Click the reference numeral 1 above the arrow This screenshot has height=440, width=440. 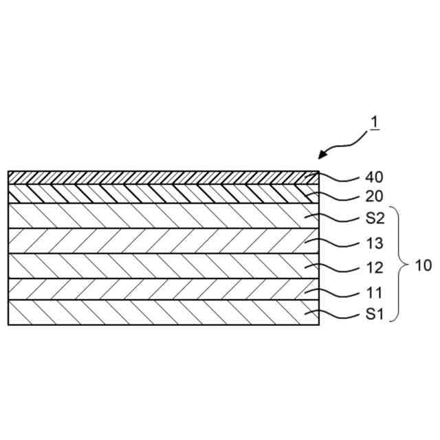coord(375,123)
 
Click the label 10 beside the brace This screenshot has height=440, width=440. coord(424,265)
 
